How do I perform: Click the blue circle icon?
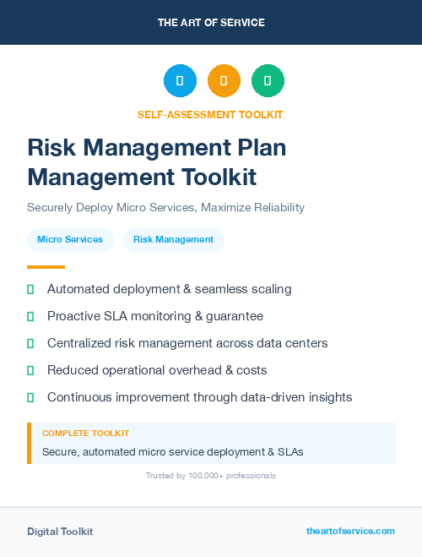180,81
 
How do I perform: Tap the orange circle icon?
224,81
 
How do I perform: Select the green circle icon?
268,81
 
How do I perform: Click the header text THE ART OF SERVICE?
211,22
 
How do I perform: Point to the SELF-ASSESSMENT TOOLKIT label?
210,114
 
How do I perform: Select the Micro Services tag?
70,239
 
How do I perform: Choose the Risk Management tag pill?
173,239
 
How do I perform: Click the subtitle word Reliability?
275,207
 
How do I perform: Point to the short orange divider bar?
46,266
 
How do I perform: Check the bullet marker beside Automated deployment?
30,289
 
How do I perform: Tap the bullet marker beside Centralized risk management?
30,343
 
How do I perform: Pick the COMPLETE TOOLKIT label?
85,433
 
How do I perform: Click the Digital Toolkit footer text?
60,532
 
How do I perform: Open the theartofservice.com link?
350,531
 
